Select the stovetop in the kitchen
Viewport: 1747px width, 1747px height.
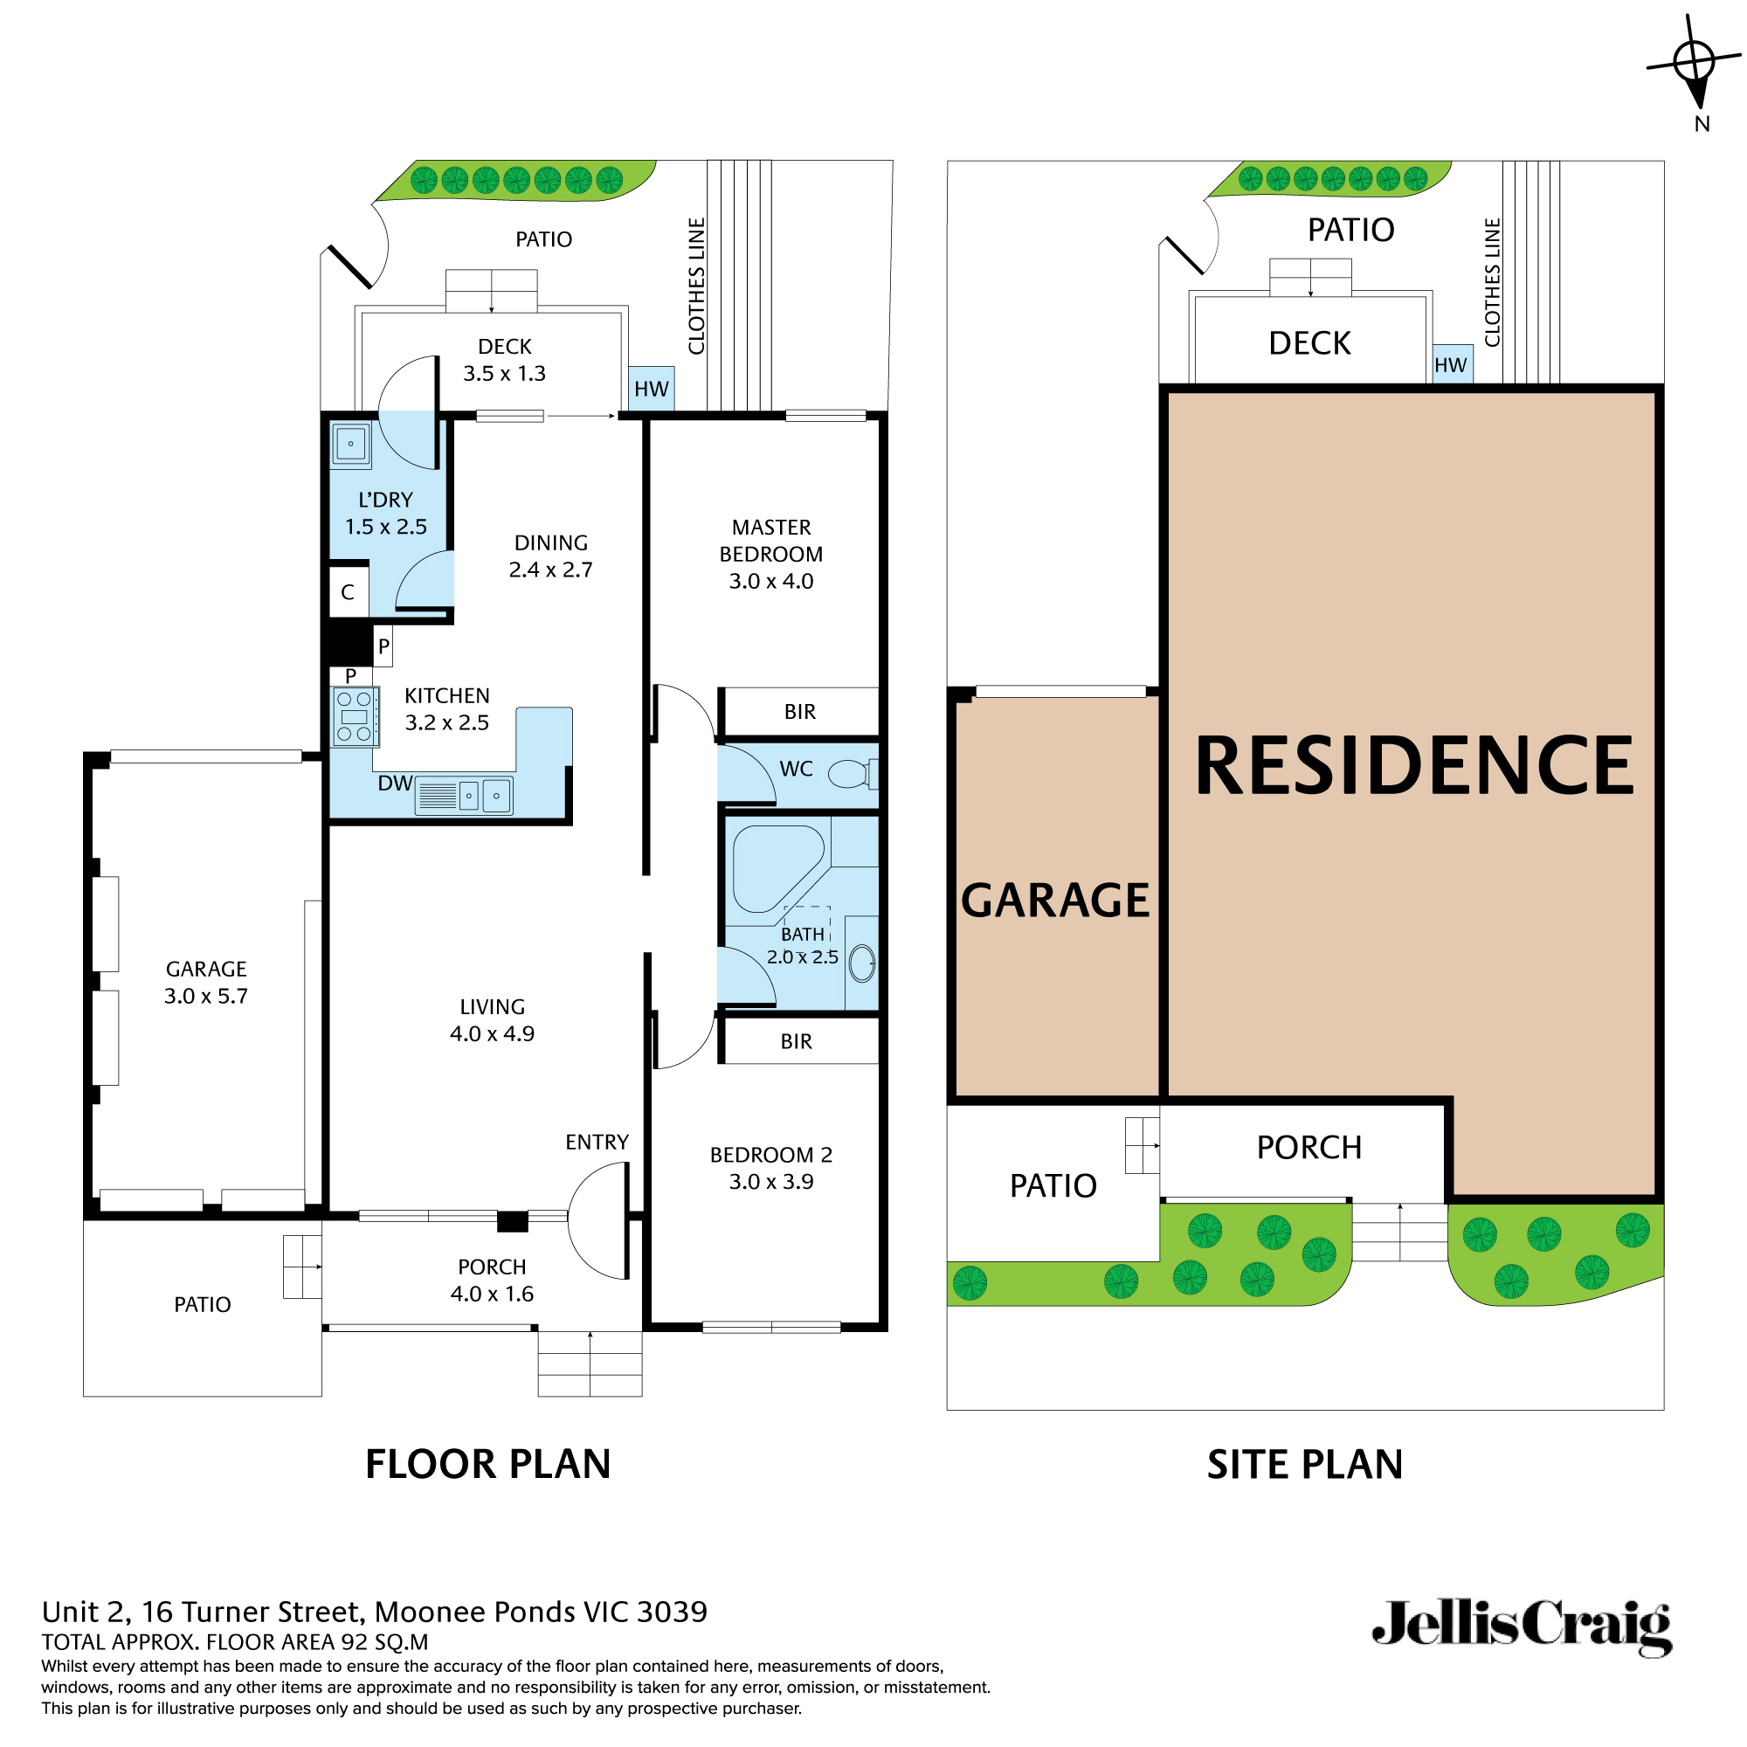coord(355,717)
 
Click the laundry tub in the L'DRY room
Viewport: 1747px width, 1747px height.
coord(351,445)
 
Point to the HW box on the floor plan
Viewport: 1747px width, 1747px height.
coord(651,389)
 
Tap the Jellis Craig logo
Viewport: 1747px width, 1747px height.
coord(1522,1627)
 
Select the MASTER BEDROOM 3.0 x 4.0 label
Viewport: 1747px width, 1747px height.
coord(771,555)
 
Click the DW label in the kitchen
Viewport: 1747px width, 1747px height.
coord(395,783)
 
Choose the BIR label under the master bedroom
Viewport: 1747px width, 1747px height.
coord(799,712)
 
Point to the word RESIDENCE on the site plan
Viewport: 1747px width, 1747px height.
coord(1413,767)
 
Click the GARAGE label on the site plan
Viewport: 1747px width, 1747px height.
coord(1054,901)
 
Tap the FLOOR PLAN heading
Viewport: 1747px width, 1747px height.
coord(488,1464)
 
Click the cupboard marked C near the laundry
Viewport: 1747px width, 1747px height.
coord(349,592)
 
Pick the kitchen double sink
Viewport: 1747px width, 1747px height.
coord(482,796)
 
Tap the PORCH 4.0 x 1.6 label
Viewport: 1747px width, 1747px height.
coord(492,1280)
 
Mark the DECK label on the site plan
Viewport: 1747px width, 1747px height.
coord(1309,343)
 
